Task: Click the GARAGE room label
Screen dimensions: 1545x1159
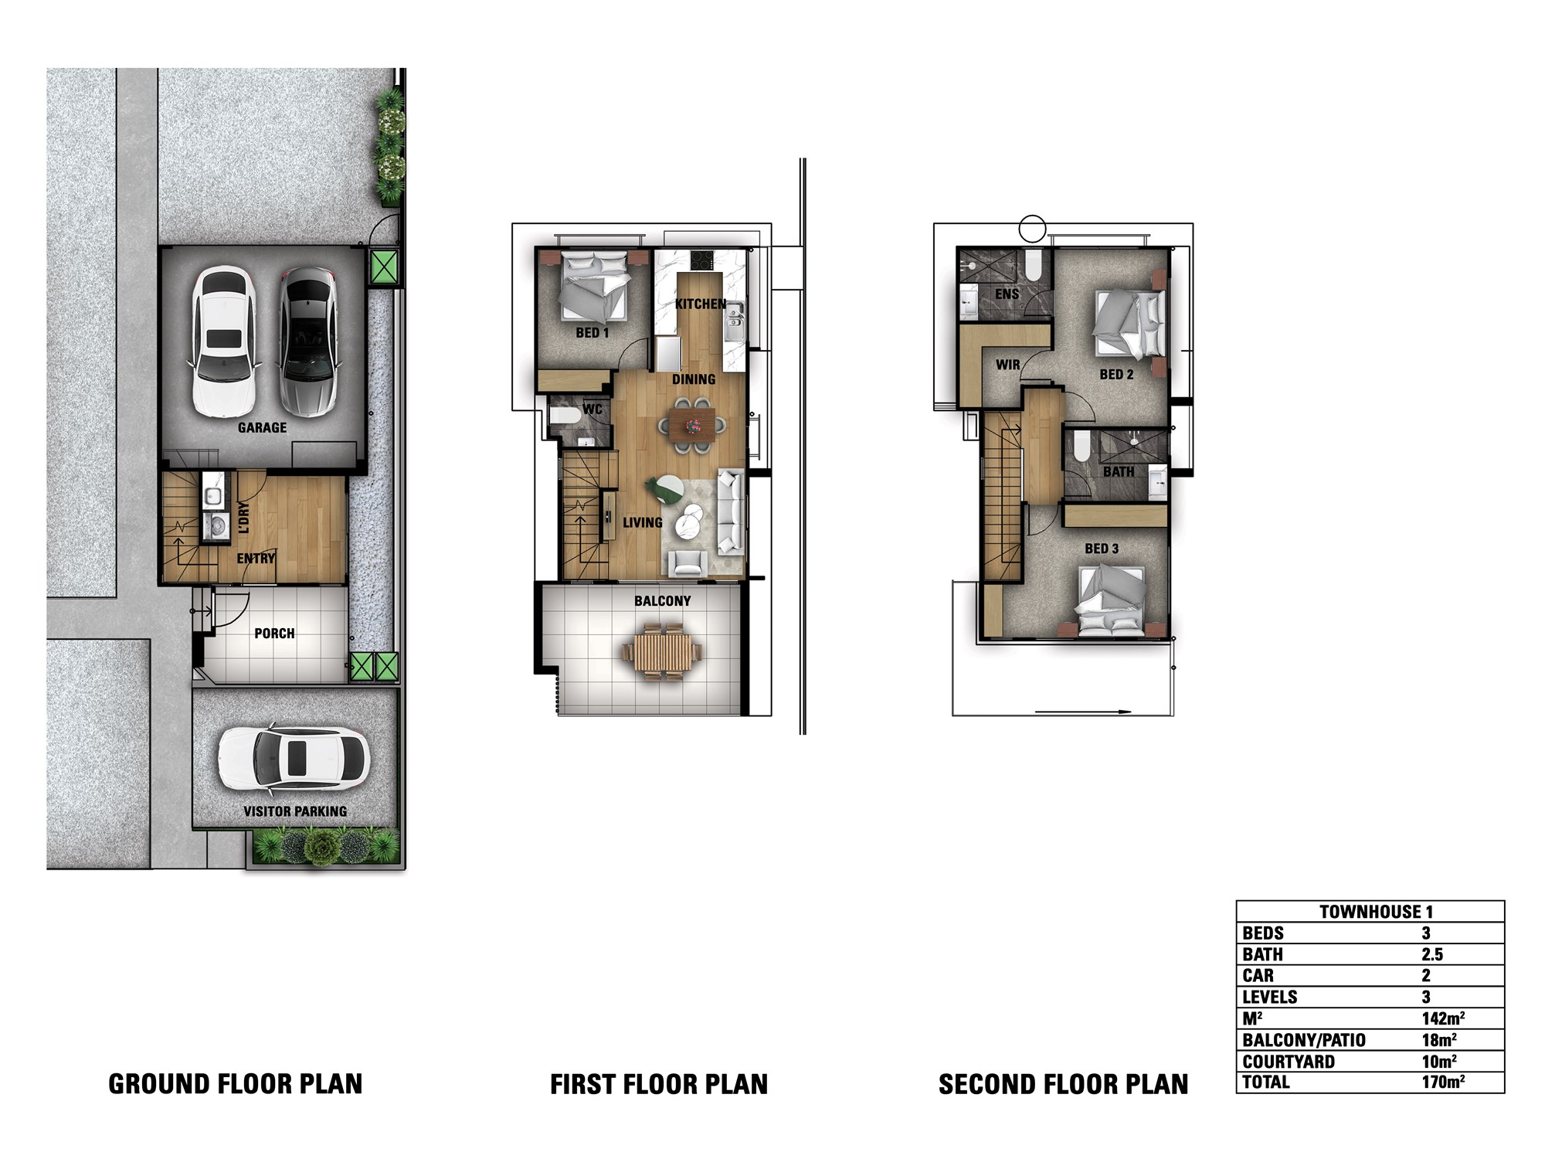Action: point(262,427)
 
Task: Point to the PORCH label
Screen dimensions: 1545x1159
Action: point(274,634)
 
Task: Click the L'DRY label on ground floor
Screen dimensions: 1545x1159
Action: point(244,518)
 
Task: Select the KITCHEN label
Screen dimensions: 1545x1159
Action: point(701,304)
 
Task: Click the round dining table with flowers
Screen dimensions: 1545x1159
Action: point(693,424)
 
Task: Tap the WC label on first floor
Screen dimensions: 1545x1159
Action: point(593,410)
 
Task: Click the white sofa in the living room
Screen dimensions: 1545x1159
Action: point(731,512)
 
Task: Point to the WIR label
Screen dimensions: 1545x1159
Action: point(1007,365)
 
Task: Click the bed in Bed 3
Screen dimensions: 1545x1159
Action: point(1111,600)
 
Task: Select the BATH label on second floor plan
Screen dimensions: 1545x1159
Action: point(1119,471)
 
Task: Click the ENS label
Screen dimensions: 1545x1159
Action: point(1007,294)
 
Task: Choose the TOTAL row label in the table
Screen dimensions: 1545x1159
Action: point(1266,1082)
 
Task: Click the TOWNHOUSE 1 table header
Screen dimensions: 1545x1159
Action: point(1375,912)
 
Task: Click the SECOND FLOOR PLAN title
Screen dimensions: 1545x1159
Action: point(1063,1084)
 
